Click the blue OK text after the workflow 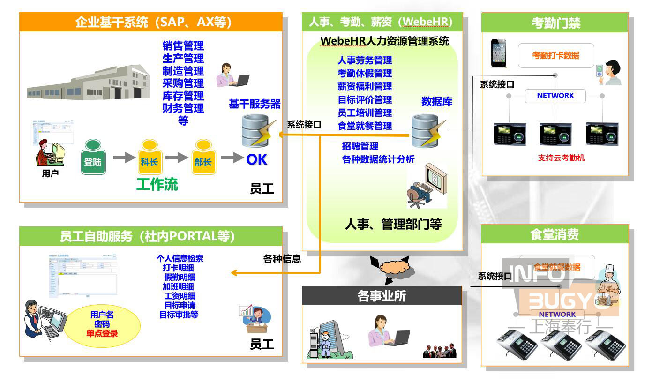click(256, 160)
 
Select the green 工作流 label click(157, 184)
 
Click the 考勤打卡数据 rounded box click(555, 55)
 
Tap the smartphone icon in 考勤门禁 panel click(499, 52)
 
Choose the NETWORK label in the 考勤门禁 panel click(555, 95)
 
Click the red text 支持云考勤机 click(561, 158)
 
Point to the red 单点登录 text click(102, 334)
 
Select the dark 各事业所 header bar click(382, 296)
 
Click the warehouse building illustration click(89, 82)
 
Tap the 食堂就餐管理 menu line click(365, 126)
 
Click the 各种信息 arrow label click(282, 258)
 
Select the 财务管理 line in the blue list click(183, 108)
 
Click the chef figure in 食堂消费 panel click(610, 284)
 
